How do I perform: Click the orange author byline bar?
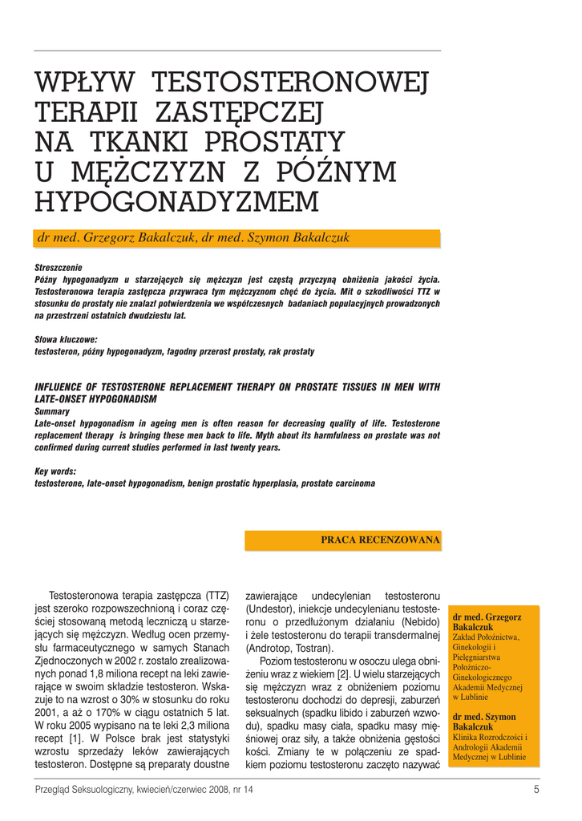pyautogui.click(x=237, y=238)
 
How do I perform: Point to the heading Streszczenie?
pyautogui.click(x=59, y=267)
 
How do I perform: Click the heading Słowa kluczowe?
pyautogui.click(x=66, y=340)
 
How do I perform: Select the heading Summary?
pyautogui.click(x=52, y=410)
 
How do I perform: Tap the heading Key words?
pyautogui.click(x=55, y=471)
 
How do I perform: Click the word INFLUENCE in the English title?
pyautogui.click(x=65, y=386)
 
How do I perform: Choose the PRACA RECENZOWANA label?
pyautogui.click(x=380, y=540)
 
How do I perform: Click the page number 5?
pyautogui.click(x=536, y=790)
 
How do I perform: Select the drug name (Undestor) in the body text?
pyautogui.click(x=272, y=622)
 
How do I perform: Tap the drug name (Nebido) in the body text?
pyautogui.click(x=418, y=622)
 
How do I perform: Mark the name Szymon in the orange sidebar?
pyautogui.click(x=500, y=717)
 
